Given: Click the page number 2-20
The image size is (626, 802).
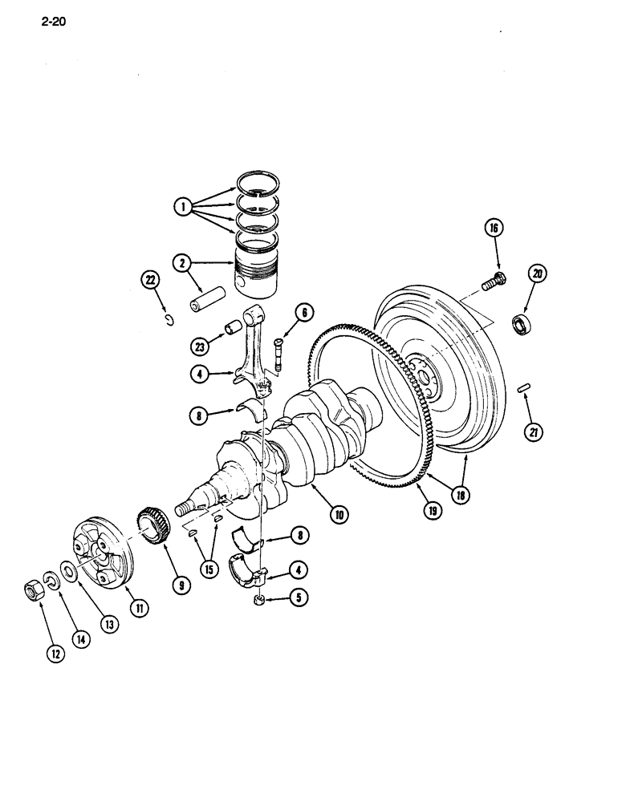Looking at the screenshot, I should (x=51, y=22).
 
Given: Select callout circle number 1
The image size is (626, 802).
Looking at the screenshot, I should (x=185, y=207).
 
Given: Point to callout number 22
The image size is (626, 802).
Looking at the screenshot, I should (x=149, y=280).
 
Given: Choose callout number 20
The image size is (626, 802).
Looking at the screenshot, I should (x=535, y=275).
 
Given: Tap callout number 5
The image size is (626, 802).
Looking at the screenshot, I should (x=298, y=597).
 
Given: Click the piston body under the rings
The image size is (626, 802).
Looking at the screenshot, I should (x=258, y=270).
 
